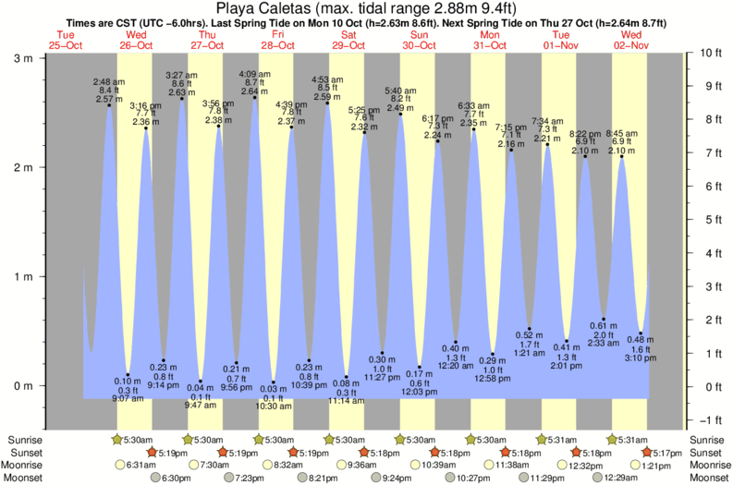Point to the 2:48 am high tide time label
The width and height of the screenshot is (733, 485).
109,82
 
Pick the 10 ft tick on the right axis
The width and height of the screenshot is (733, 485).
707,53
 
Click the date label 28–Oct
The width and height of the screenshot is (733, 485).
278,45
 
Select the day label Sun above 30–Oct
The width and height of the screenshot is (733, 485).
420,35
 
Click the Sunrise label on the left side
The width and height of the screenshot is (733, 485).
23,440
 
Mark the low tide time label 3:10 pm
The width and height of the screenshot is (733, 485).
640,357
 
